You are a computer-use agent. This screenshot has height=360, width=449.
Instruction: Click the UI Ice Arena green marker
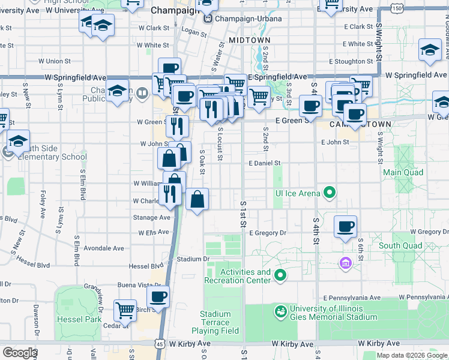pyautogui.click(x=329, y=193)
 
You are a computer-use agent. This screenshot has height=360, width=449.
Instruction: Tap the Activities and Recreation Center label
pyautogui.click(x=238, y=276)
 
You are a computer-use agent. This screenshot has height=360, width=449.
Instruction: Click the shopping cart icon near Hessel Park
pyautogui.click(x=125, y=310)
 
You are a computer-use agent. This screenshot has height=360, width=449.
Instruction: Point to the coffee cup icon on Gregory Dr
pyautogui.click(x=345, y=226)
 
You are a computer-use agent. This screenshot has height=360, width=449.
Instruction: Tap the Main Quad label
pyautogui.click(x=403, y=173)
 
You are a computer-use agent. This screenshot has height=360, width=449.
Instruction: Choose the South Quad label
pyautogui.click(x=400, y=245)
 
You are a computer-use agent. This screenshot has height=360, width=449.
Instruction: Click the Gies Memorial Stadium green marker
pyautogui.click(x=280, y=311)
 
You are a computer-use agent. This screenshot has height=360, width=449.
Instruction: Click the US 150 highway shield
pyautogui.click(x=396, y=8)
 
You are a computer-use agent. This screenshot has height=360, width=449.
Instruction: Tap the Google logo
pyautogui.click(x=19, y=352)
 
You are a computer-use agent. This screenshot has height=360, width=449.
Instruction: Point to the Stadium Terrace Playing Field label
pyautogui.click(x=215, y=322)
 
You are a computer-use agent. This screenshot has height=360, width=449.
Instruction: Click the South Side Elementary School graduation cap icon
pyautogui.click(x=19, y=141)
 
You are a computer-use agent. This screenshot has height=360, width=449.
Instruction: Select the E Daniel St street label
pyautogui.click(x=264, y=163)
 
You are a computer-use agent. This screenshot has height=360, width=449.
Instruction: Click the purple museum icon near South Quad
pyautogui.click(x=345, y=263)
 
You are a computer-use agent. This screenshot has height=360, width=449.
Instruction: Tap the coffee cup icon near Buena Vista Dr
pyautogui.click(x=158, y=296)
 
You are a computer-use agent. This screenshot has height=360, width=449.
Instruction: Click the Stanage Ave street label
pyautogui.click(x=152, y=217)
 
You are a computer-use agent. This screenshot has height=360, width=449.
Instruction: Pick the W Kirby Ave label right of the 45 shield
pyautogui.click(x=190, y=344)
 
